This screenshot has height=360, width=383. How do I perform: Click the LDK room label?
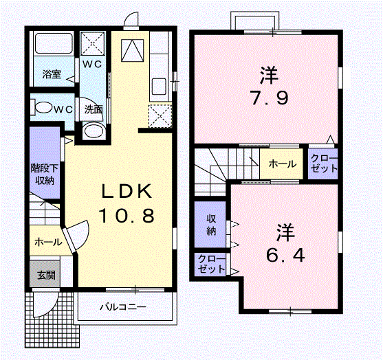click(x=124, y=191)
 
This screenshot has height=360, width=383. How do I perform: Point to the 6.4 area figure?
click(x=282, y=256)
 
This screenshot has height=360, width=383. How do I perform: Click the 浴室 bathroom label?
click(x=52, y=74)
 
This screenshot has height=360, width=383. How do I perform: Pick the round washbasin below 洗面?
click(x=93, y=131)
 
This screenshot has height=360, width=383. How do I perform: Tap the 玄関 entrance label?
click(x=45, y=275)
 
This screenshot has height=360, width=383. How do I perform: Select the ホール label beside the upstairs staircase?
click(x=282, y=164)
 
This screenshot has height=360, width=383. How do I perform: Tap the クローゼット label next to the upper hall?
click(x=323, y=164)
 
